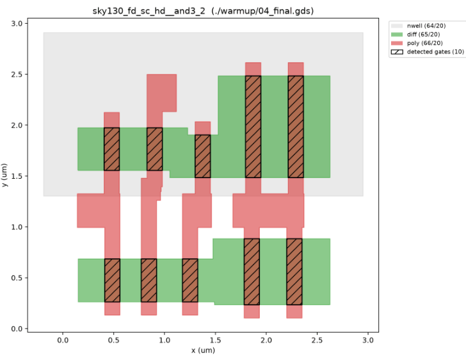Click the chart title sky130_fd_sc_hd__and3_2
149,11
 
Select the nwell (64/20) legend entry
419,26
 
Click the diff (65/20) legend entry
415,35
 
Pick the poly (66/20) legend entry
417,43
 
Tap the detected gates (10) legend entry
428,52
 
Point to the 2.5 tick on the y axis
26,74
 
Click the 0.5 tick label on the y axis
17,278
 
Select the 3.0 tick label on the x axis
368,340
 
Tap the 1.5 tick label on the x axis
215,340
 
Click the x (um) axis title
203,350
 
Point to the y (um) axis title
4,176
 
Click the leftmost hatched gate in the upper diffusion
112,149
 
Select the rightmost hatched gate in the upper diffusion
296,127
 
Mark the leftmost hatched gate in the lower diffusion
113,281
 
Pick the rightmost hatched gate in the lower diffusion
294,272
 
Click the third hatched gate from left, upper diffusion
203,156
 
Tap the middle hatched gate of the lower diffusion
190,281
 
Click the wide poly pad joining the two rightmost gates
268,211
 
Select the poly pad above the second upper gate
162,93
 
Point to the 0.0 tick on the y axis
26,329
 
